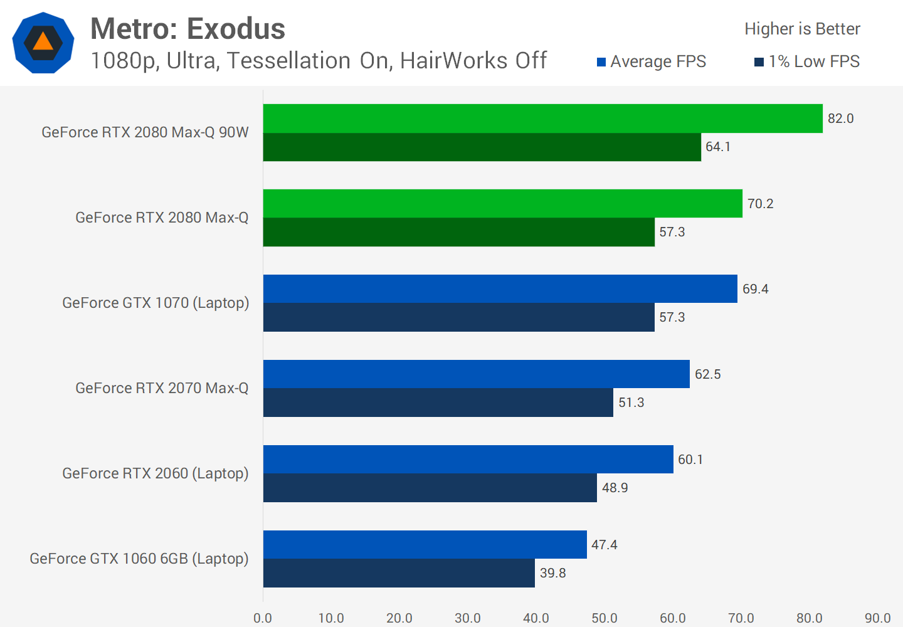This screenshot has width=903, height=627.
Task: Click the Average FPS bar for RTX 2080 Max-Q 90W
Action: pos(542,119)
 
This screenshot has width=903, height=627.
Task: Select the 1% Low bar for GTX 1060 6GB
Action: pos(399,573)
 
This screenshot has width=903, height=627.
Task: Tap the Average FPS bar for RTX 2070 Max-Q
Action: pos(476,374)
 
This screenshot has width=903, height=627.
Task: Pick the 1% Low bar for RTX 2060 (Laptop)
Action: pos(430,488)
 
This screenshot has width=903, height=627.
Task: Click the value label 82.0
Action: pos(840,119)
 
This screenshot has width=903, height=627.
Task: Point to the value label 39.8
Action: pos(552,573)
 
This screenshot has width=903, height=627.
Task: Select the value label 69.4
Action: pos(755,289)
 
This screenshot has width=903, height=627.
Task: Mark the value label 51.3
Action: pos(631,403)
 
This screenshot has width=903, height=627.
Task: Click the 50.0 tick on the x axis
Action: pos(605,618)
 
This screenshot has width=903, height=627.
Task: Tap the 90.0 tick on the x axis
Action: pos(877,618)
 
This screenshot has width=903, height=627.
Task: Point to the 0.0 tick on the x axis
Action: pos(263,618)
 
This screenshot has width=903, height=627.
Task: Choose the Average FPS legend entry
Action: pos(652,61)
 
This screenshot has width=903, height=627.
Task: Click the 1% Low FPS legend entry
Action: pos(807,61)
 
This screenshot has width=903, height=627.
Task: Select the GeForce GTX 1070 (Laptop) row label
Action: pos(156,303)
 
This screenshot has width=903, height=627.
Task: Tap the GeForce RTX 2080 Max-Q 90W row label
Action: pos(145,132)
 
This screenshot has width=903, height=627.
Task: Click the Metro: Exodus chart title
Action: pos(187,29)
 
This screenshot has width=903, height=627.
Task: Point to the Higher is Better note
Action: pos(802,29)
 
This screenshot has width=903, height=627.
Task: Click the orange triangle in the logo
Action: pos(43,42)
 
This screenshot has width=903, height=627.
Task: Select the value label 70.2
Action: pos(760,204)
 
